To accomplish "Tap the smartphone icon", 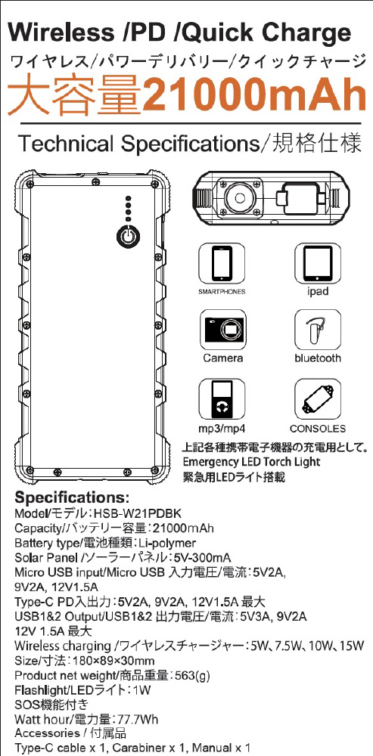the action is click(x=222, y=263).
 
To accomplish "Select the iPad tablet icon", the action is click(x=318, y=263).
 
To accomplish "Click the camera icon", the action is click(x=222, y=330).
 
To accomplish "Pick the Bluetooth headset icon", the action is click(x=318, y=330).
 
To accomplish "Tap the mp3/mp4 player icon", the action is click(x=222, y=399).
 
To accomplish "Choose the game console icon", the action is click(x=318, y=399).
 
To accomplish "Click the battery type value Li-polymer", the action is click(x=167, y=543).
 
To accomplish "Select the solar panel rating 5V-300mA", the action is click(x=202, y=558).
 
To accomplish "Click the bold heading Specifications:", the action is click(x=72, y=497).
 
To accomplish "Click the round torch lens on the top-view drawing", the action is click(x=239, y=197).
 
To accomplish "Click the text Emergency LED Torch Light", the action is click(x=251, y=462).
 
